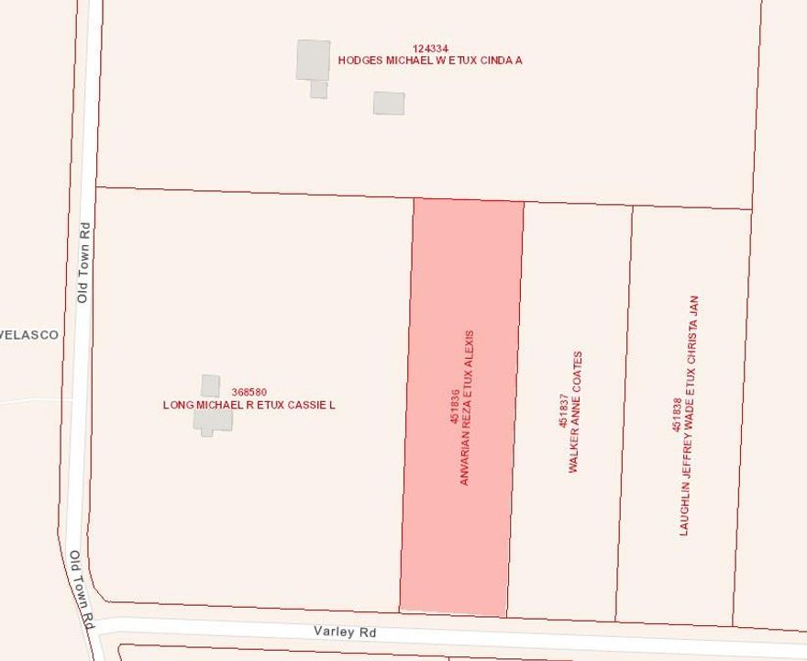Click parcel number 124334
[430, 48]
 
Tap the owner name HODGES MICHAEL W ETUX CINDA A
[430, 61]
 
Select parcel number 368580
[249, 392]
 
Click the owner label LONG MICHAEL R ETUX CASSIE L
[249, 405]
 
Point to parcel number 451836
[453, 407]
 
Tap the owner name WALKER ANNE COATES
[575, 411]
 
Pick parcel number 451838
[677, 415]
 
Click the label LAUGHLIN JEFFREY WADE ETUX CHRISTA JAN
[689, 415]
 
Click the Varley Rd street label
[344, 633]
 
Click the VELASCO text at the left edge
[29, 335]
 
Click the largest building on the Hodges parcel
[313, 60]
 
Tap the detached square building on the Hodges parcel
[389, 103]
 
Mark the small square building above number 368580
[211, 386]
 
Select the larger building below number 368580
[212, 420]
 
